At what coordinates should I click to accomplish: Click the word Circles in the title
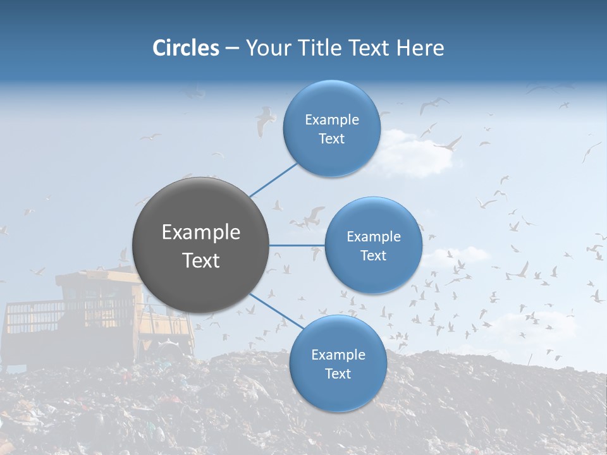185,48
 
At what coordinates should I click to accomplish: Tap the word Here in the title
420,48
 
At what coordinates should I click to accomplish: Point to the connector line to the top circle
273,179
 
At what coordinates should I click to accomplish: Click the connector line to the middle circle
297,245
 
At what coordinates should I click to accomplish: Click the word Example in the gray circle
201,233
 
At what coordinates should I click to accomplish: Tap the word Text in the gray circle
201,260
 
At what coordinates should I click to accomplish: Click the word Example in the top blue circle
331,120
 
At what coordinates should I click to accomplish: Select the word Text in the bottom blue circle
338,374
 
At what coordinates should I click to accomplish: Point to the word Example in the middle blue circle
373,237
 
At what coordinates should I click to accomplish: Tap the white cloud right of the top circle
411,155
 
